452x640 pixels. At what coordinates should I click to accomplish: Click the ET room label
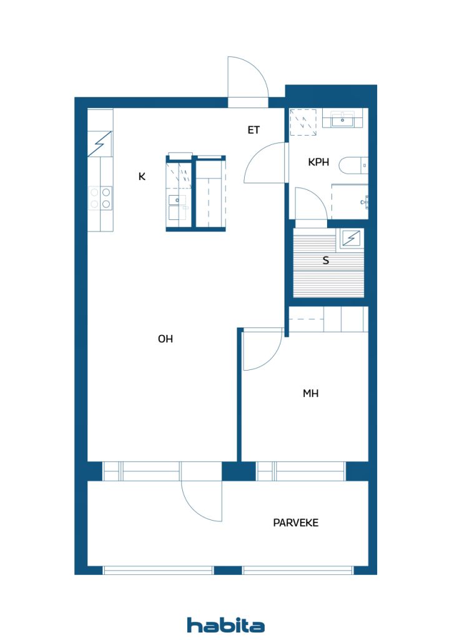(x=253, y=130)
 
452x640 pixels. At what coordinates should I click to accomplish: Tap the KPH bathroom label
(x=318, y=162)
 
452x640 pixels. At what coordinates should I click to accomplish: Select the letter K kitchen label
(x=142, y=177)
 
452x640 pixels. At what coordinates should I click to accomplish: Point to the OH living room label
(x=165, y=339)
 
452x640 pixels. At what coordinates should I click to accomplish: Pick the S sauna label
(x=325, y=261)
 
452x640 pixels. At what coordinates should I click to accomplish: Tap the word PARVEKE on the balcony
(x=295, y=522)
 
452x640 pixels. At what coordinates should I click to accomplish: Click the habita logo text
(x=225, y=625)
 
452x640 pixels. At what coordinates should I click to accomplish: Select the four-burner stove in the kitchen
(x=101, y=197)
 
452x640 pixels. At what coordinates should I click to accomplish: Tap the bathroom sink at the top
(x=343, y=118)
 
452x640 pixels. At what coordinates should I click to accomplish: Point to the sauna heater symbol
(x=351, y=238)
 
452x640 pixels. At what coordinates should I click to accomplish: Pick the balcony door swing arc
(x=201, y=500)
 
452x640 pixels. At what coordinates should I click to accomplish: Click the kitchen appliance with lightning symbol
(x=100, y=144)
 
